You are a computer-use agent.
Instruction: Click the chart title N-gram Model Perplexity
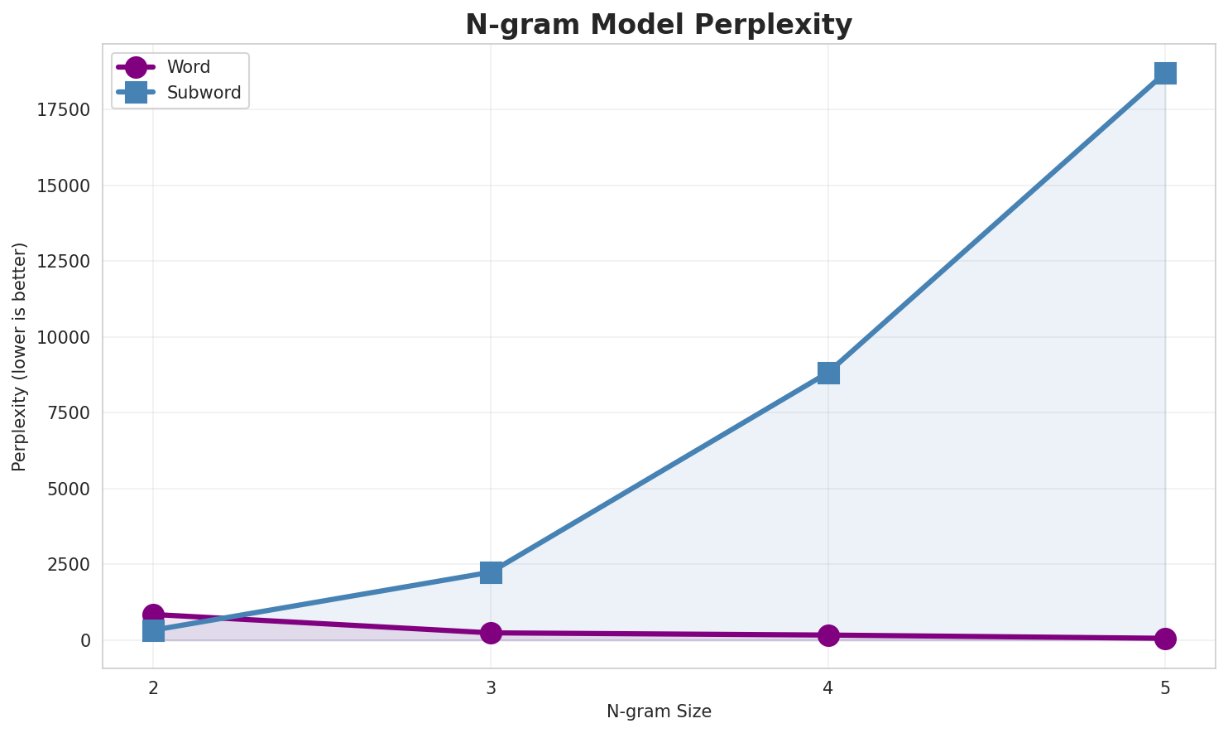tap(658, 25)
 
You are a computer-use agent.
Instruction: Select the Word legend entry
tap(188, 67)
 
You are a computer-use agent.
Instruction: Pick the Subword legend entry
tap(204, 93)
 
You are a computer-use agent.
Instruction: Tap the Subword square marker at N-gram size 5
tap(1165, 73)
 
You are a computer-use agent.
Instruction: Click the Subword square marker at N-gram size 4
tap(828, 373)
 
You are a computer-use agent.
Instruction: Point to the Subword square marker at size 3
tap(491, 572)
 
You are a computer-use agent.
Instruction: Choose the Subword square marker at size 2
tap(153, 631)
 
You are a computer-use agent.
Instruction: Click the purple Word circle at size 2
tap(153, 615)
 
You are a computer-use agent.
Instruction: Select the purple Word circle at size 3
tap(491, 633)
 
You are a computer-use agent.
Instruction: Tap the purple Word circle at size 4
tap(828, 635)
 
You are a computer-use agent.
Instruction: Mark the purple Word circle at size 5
tap(1165, 639)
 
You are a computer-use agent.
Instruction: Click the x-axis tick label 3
tap(491, 687)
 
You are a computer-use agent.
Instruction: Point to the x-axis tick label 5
tap(1165, 687)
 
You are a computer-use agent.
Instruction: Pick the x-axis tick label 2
tap(153, 687)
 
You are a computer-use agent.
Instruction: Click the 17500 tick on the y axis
tap(64, 110)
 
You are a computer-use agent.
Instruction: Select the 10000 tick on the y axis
tap(64, 337)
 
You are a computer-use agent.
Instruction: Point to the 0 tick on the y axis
tap(86, 640)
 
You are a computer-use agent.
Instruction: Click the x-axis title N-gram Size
tap(659, 711)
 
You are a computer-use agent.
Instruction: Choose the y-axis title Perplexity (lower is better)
tap(20, 356)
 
